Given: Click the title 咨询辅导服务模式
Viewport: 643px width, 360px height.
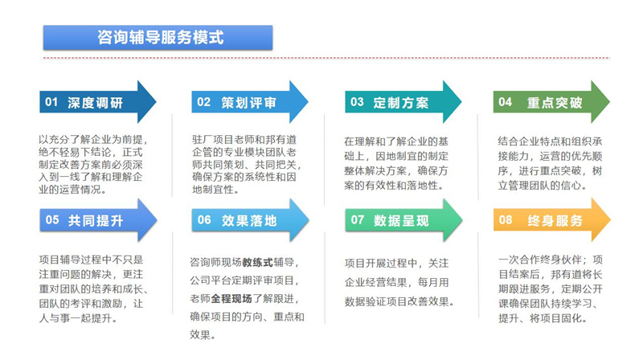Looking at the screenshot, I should coord(159,37).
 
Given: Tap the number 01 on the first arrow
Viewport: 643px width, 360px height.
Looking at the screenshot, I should coord(51,103).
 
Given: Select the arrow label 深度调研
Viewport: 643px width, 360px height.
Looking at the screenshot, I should coord(96,103).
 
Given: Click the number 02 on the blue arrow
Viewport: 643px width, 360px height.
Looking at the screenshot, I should coord(203,103).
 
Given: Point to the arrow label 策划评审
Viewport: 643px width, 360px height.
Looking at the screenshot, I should coord(249,103).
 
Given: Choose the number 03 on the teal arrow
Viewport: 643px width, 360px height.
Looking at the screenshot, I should coord(356,103).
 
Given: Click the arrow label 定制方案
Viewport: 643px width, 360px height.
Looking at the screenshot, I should coord(401,103).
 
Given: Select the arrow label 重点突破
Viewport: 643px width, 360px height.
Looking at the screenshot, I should coord(554,102).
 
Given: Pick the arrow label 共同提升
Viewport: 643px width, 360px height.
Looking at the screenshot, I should coord(96,220).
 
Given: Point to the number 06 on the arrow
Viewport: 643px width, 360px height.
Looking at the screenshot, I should coord(204,220).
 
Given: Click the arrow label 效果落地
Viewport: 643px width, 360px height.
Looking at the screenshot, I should coord(248,220).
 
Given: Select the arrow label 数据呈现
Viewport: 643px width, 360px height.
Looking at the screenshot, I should coord(401,220).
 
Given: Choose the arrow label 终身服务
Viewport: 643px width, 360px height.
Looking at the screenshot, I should coord(554,219).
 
